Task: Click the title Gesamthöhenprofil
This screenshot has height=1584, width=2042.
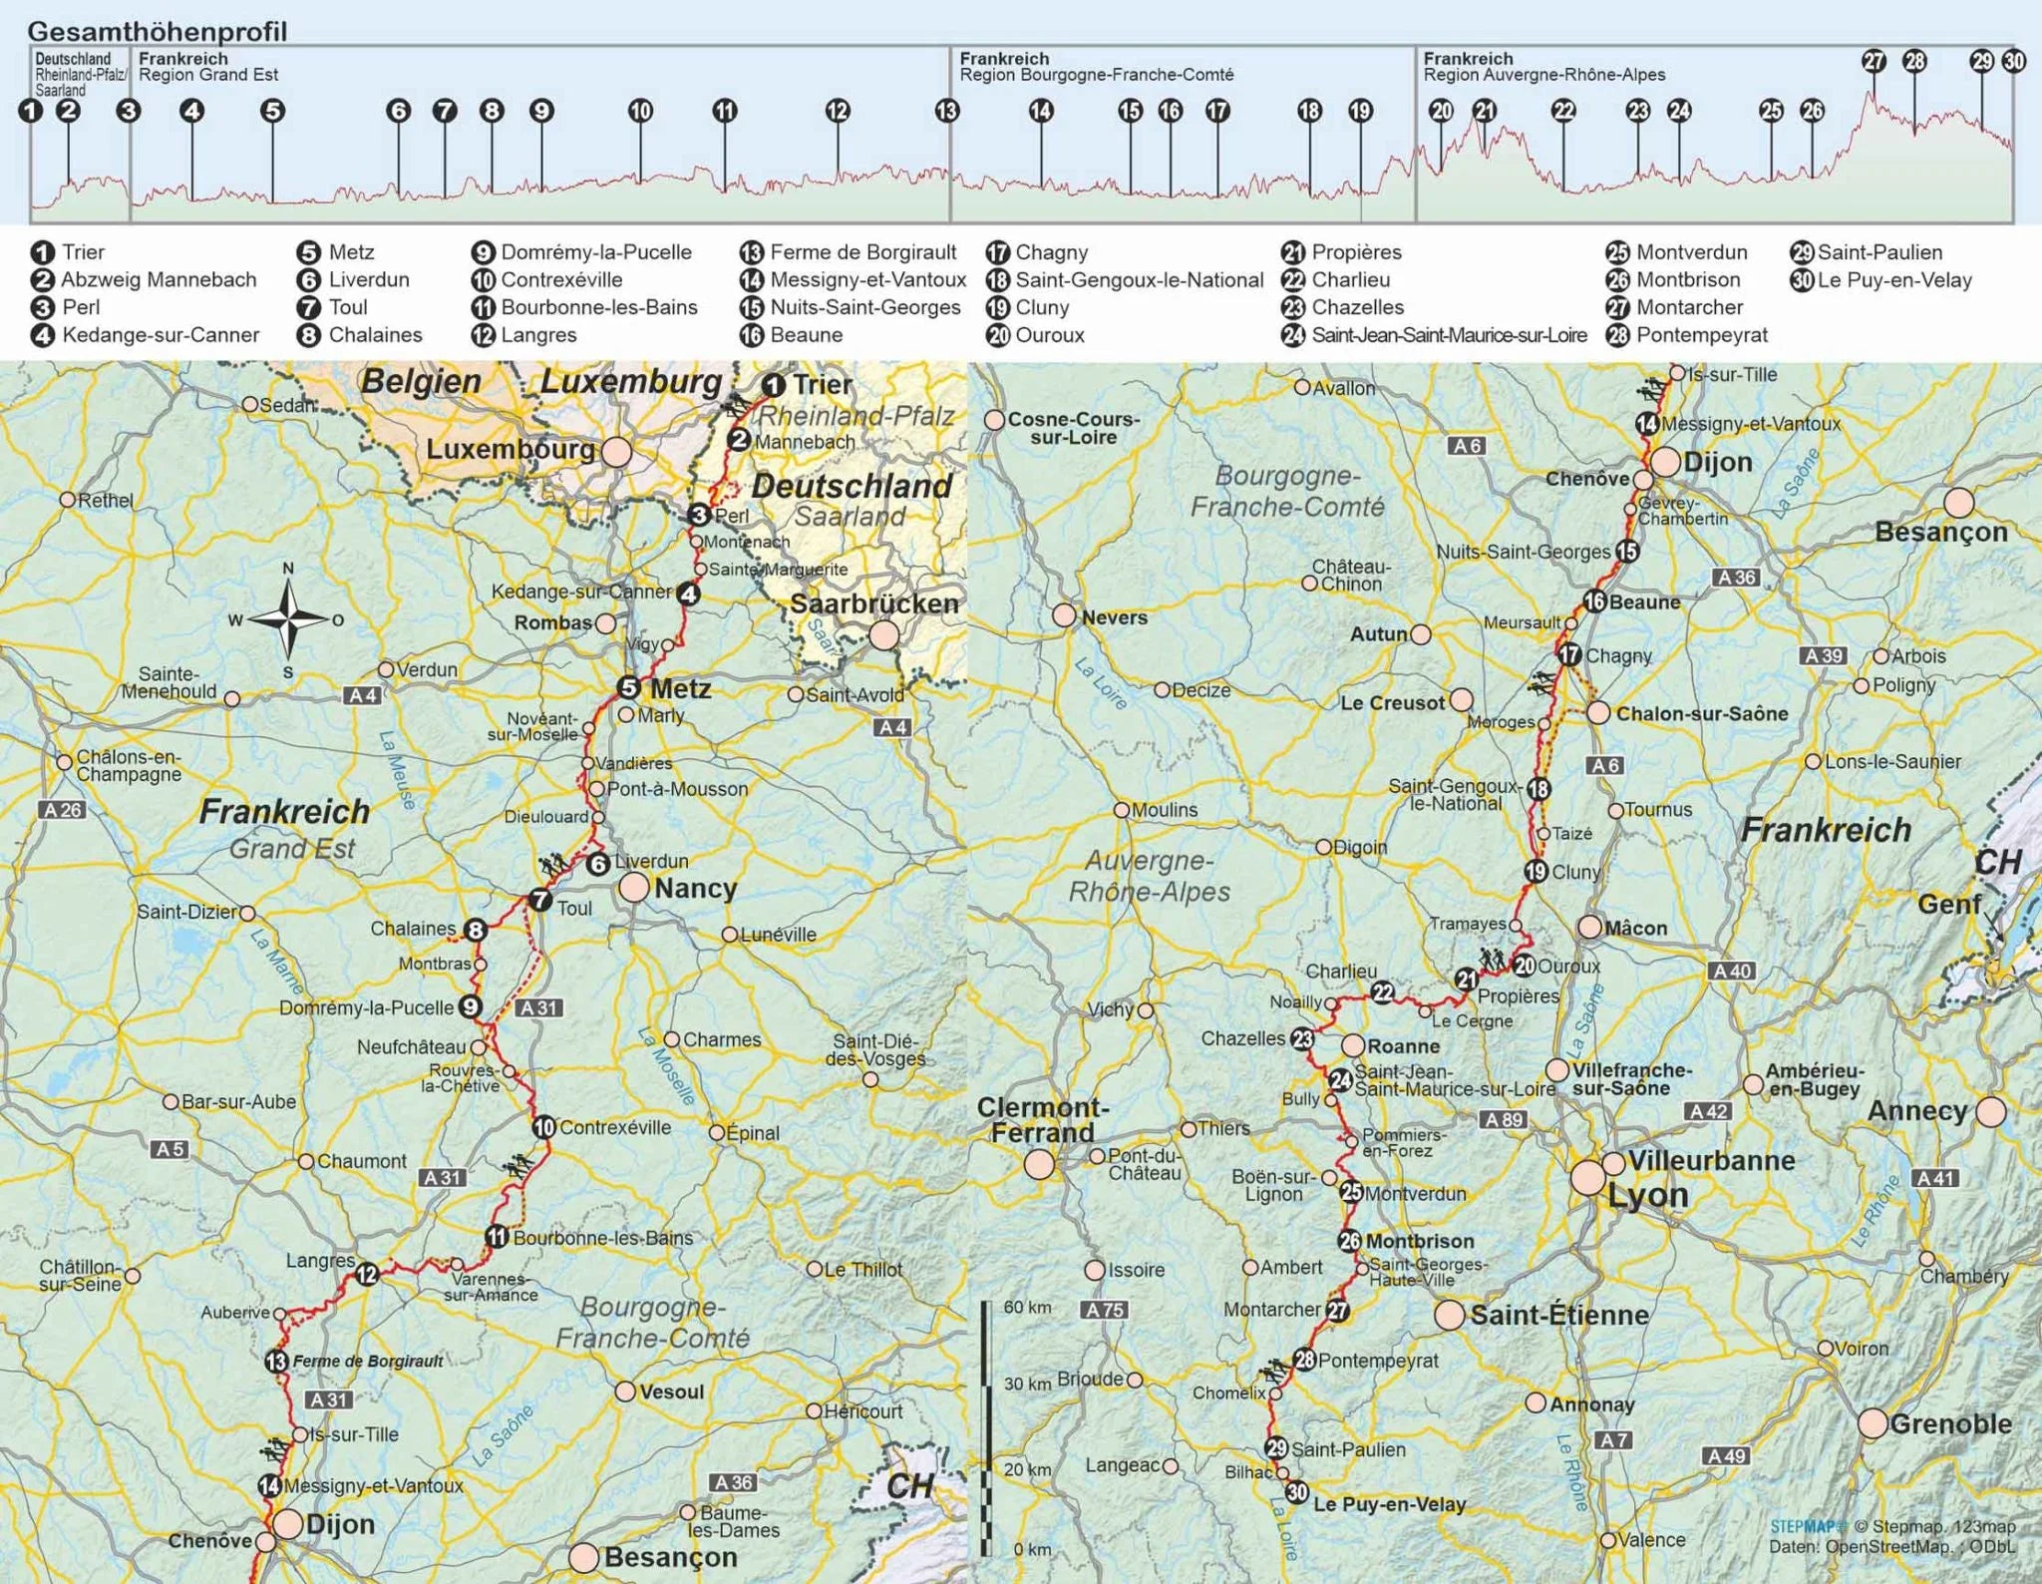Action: [x=158, y=31]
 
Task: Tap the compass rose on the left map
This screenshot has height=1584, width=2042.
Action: [x=288, y=619]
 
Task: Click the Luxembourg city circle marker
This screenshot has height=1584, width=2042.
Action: [x=616, y=452]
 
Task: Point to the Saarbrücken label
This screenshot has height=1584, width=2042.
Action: [x=873, y=603]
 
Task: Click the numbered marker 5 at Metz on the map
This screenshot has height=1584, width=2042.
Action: [x=628, y=687]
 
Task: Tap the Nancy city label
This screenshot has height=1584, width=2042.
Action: [x=695, y=888]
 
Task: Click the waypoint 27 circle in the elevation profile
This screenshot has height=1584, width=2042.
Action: [x=1874, y=61]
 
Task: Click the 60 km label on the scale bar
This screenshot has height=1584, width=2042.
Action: [x=1027, y=1307]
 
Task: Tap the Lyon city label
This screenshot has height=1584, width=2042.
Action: [x=1648, y=1194]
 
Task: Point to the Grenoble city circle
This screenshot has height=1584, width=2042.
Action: [x=1872, y=1423]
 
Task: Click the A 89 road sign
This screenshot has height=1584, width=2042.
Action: [x=1504, y=1119]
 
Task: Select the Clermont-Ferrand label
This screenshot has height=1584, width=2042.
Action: [x=1041, y=1119]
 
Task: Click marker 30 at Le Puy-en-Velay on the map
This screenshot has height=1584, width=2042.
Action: [x=1296, y=1492]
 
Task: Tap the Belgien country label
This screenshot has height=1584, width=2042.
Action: [x=421, y=381]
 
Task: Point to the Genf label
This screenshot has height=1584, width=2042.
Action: [x=1948, y=905]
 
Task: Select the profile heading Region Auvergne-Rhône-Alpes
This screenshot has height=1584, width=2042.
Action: [x=1543, y=75]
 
